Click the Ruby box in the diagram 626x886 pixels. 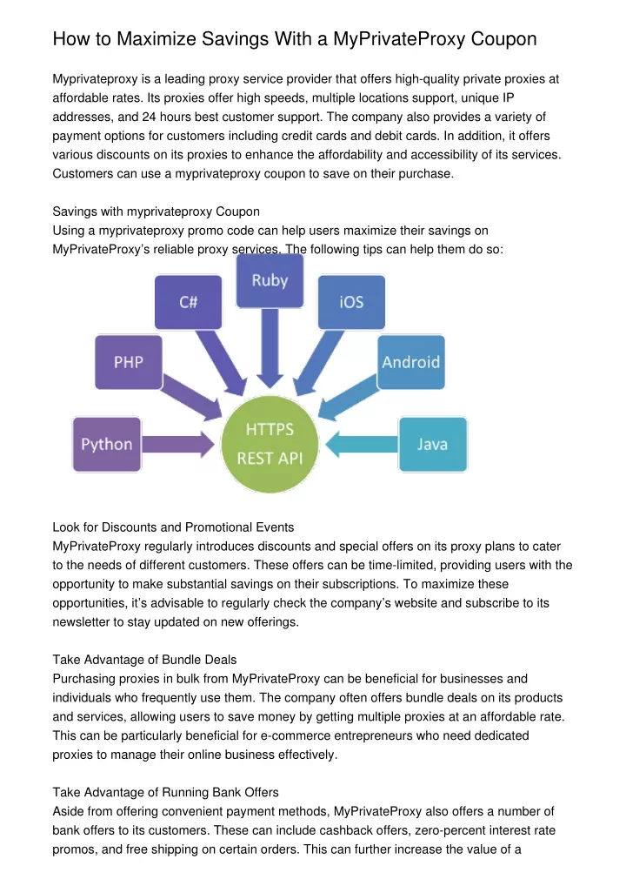point(270,281)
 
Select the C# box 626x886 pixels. point(188,302)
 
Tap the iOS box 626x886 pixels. point(351,302)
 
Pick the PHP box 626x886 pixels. point(128,362)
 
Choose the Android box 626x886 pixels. point(411,362)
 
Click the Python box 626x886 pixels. point(107,444)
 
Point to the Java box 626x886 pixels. point(433,444)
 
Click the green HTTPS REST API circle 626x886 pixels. point(270,444)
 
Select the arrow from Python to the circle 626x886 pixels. point(178,444)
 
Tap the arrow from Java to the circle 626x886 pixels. point(362,444)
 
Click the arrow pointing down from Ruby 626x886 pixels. point(270,348)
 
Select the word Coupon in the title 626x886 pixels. point(503,39)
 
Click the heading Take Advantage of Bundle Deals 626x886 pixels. point(144,660)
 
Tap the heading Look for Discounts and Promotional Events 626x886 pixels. point(173,527)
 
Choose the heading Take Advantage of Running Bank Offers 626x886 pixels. point(165,792)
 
